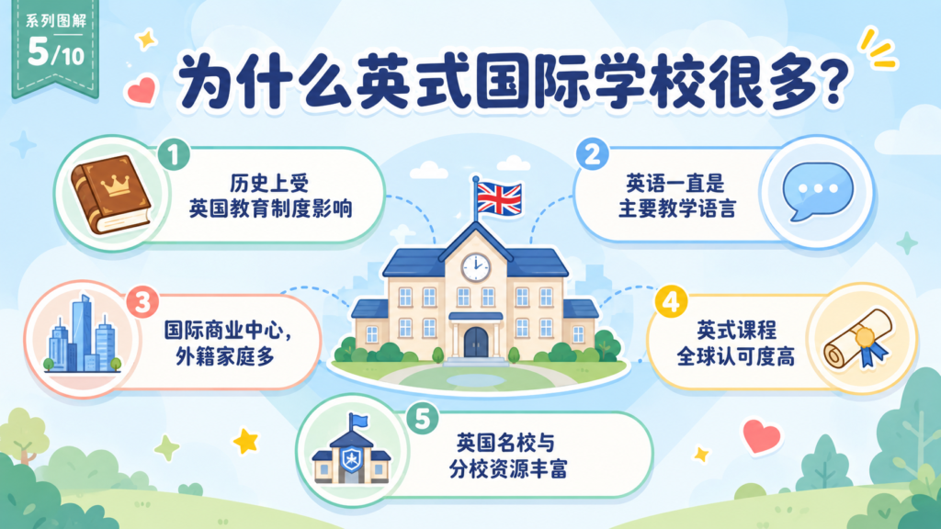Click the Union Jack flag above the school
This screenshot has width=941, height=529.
499,198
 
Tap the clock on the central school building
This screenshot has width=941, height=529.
475,266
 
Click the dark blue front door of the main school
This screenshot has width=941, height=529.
476,343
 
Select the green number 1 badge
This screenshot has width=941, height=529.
174,154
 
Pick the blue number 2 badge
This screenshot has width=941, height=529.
593,154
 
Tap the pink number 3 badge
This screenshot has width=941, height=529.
142,302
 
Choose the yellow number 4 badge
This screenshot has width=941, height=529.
671,301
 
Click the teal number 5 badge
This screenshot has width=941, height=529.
423,418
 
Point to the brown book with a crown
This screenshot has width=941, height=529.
111,194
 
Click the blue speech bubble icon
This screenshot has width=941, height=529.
817,191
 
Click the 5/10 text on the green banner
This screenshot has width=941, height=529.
56,52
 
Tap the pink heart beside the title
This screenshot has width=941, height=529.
142,91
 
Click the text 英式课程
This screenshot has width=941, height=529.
736,330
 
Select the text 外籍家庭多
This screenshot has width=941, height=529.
225,356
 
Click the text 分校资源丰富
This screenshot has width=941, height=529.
508,469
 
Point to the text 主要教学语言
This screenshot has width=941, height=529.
677,208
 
